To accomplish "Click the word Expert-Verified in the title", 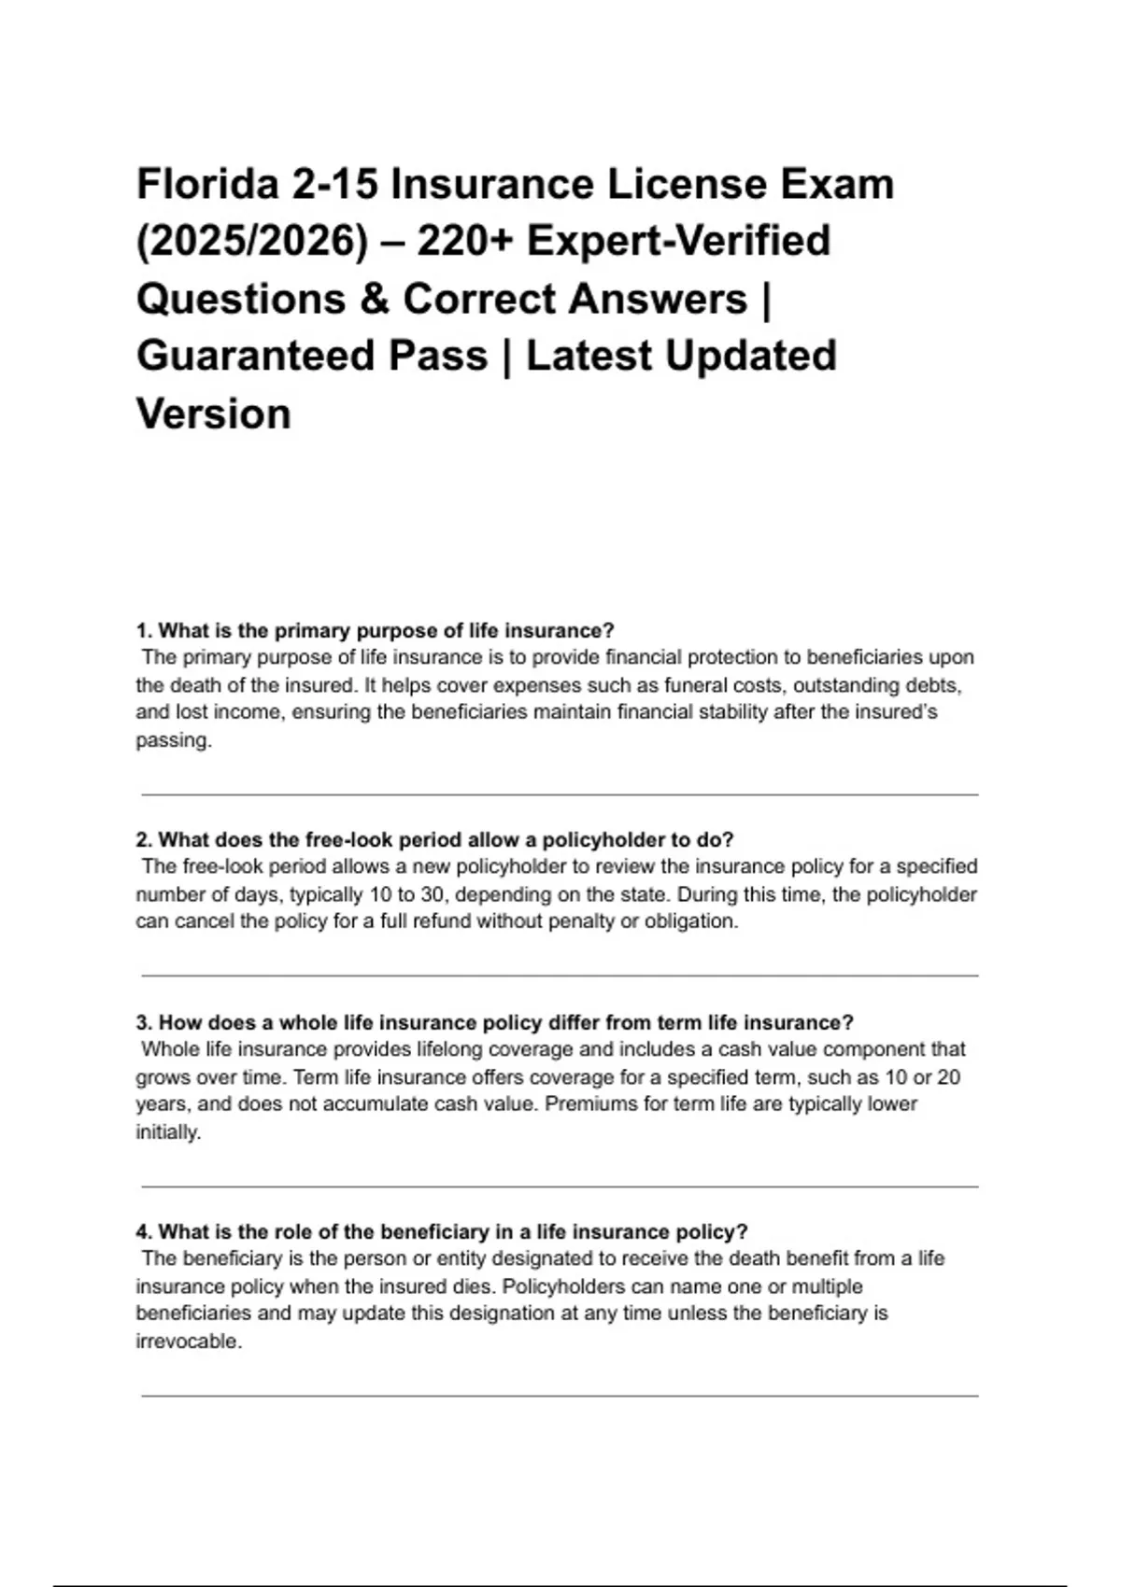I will (678, 241).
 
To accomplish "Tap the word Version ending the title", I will (214, 414).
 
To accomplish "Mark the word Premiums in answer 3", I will (587, 1104).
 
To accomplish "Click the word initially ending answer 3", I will (167, 1132).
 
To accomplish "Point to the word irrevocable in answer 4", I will (187, 1341).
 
